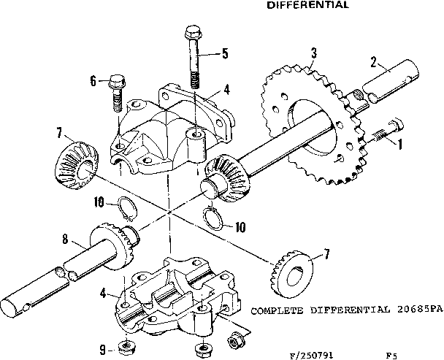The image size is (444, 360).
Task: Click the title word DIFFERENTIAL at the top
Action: point(307,4)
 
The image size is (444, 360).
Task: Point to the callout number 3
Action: point(313,53)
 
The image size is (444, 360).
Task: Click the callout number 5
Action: point(226,53)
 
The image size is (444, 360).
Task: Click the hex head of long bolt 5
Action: point(194,32)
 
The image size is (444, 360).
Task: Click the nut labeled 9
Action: point(126,347)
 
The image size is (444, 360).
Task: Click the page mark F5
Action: point(392,337)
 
